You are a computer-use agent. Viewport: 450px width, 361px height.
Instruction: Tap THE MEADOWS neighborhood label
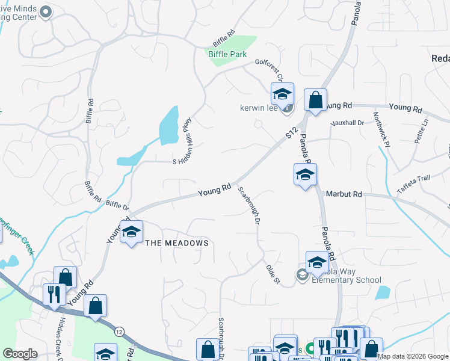click(x=177, y=243)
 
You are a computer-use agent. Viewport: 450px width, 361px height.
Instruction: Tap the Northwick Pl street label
click(x=381, y=127)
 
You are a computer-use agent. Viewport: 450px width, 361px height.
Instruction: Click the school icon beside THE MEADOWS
click(x=131, y=232)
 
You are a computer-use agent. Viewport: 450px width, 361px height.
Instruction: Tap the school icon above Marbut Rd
click(x=305, y=175)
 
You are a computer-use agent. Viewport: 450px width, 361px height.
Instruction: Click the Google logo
click(x=20, y=354)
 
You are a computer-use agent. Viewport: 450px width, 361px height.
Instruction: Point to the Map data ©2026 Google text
click(x=413, y=356)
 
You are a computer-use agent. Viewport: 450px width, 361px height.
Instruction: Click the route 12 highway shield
click(x=119, y=332)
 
